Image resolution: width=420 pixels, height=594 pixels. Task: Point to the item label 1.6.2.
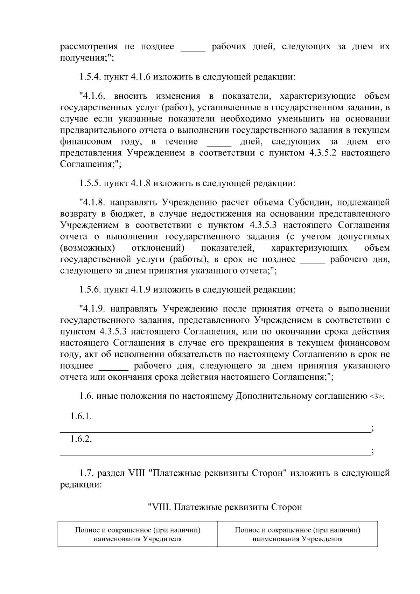coord(81,439)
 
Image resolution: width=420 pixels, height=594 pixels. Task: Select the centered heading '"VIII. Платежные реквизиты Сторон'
coord(225,507)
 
